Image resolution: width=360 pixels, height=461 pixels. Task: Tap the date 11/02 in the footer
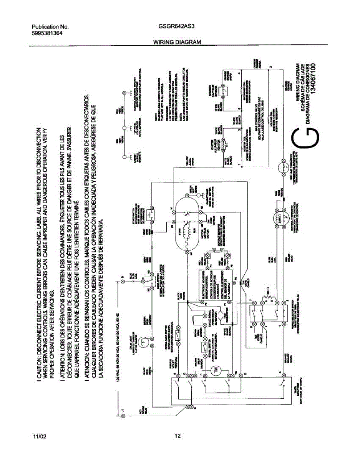click(39, 436)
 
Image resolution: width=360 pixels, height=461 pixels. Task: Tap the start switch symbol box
click(152, 215)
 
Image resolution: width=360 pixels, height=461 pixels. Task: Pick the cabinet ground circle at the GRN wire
click(124, 157)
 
